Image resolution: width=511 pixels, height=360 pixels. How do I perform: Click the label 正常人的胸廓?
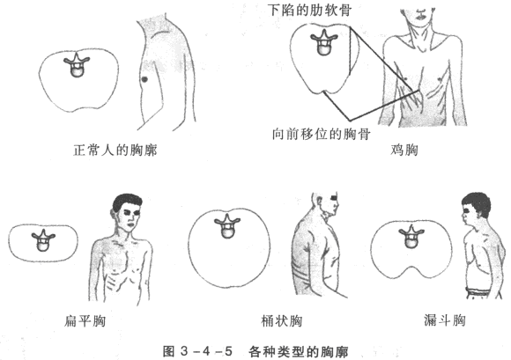(x=115, y=150)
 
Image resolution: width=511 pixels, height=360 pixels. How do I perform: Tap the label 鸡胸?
(x=404, y=150)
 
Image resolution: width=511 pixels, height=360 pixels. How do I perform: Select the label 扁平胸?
(x=85, y=321)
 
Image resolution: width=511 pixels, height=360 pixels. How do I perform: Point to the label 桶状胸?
(x=282, y=321)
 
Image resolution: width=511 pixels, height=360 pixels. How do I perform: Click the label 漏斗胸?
(x=445, y=320)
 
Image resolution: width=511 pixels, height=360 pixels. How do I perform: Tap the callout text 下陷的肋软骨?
(x=309, y=10)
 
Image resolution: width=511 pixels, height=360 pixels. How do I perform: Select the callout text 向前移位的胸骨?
(x=322, y=134)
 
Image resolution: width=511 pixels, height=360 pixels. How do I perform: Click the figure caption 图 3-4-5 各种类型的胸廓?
(x=255, y=351)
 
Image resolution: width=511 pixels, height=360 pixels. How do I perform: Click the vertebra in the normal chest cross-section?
(x=77, y=65)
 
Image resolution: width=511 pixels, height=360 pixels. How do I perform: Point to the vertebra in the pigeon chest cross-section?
(x=324, y=42)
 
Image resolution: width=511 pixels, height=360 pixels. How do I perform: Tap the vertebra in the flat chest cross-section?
(x=43, y=240)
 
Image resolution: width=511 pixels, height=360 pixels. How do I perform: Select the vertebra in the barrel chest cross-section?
(x=227, y=226)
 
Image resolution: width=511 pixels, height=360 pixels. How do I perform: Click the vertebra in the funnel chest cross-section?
(x=411, y=238)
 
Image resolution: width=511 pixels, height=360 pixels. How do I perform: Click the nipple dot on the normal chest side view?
(x=144, y=79)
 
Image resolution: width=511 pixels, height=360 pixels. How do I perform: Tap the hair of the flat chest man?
(x=127, y=202)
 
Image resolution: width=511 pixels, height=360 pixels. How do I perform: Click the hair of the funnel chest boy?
(x=478, y=203)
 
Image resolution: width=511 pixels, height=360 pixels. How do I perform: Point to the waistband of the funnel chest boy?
(x=478, y=291)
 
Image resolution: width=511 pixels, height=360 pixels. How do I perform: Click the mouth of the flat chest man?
(x=131, y=224)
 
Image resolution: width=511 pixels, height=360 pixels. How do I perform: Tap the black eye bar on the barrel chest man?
(x=334, y=197)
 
